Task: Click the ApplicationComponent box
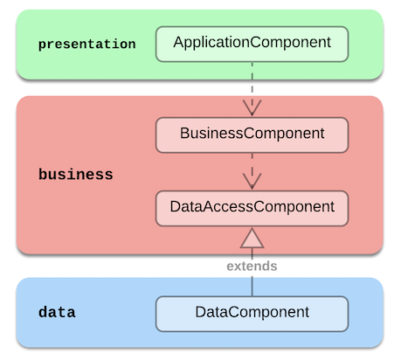pyautogui.click(x=252, y=44)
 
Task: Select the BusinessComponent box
pyautogui.click(x=252, y=135)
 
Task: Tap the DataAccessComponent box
pyautogui.click(x=252, y=208)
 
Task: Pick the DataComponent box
pyautogui.click(x=252, y=314)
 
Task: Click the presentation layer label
pyautogui.click(x=87, y=45)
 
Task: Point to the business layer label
pyautogui.click(x=76, y=175)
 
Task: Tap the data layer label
pyautogui.click(x=57, y=312)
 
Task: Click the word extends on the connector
pyautogui.click(x=252, y=266)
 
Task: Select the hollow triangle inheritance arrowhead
pyautogui.click(x=252, y=239)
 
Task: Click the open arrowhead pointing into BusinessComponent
pyautogui.click(x=252, y=107)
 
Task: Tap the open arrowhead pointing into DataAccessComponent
pyautogui.click(x=252, y=181)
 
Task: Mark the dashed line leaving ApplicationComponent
pyautogui.click(x=252, y=89)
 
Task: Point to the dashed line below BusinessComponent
pyautogui.click(x=252, y=171)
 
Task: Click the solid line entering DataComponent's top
pyautogui.click(x=252, y=287)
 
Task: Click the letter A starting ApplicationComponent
pyautogui.click(x=178, y=42)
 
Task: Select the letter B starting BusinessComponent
pyautogui.click(x=184, y=133)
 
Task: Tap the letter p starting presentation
pyautogui.click(x=42, y=45)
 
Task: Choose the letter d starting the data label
pyautogui.click(x=43, y=312)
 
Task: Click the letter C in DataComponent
pyautogui.click(x=233, y=312)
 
